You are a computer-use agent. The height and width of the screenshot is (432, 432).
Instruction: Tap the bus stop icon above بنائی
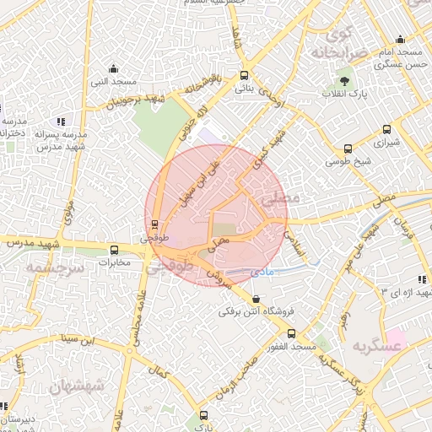(x=244, y=74)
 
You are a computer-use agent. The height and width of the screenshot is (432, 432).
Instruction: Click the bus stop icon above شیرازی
(x=386, y=130)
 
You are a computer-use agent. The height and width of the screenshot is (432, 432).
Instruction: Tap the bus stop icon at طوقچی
(x=154, y=224)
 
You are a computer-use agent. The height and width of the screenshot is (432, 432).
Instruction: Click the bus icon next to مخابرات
(x=115, y=250)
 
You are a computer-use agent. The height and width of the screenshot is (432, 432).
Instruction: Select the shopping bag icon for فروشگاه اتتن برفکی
(x=256, y=299)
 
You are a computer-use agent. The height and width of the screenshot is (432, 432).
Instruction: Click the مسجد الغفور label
(x=291, y=347)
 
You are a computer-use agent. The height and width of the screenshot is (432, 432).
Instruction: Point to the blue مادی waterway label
(x=263, y=273)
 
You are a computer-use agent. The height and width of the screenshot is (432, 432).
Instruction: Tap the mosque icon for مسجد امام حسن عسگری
(x=401, y=40)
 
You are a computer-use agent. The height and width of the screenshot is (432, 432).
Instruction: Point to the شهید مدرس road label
(x=31, y=243)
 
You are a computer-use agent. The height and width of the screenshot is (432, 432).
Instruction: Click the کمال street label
(x=157, y=368)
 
